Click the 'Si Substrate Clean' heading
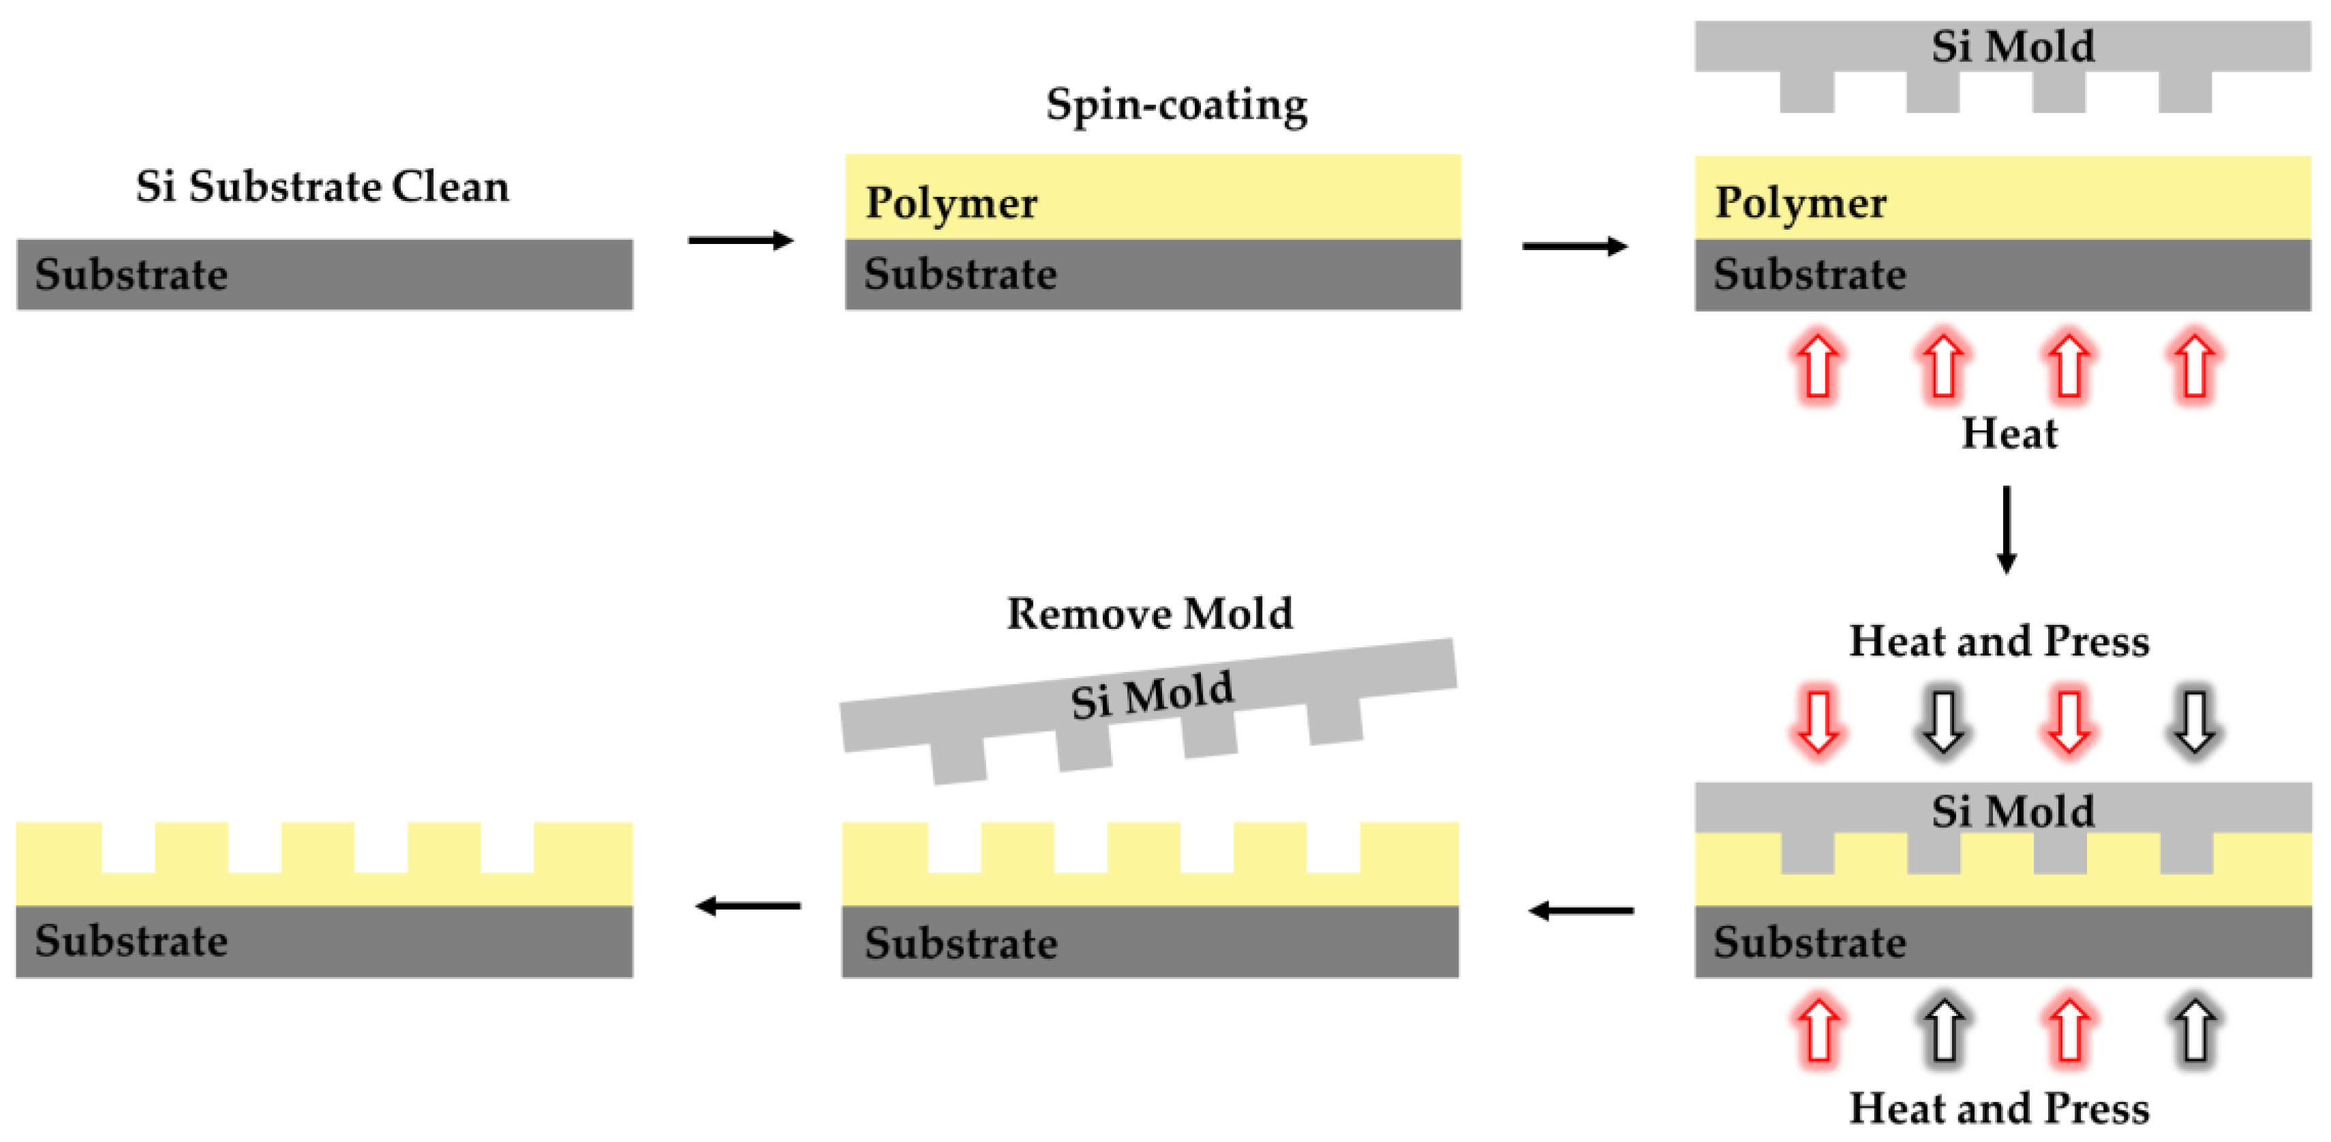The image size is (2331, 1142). coord(322,187)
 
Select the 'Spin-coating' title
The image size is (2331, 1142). coord(1176,104)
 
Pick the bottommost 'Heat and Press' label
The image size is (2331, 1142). coord(1999,1108)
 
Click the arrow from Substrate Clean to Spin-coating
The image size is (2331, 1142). coord(740,240)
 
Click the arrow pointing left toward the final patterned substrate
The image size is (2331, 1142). coord(748,905)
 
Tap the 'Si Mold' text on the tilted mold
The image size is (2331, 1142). coord(1151,695)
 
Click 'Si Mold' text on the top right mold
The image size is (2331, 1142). coord(2013,46)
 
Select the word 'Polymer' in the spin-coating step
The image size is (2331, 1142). coord(951,202)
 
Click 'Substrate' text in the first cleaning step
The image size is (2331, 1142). coord(132,274)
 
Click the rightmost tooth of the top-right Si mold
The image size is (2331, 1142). coord(2184,92)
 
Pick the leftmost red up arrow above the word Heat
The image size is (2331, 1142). coord(1818,367)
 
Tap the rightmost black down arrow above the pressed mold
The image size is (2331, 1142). coord(2195,721)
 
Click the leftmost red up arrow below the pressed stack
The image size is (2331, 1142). coord(1818,1030)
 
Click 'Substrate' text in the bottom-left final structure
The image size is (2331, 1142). coord(132,940)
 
